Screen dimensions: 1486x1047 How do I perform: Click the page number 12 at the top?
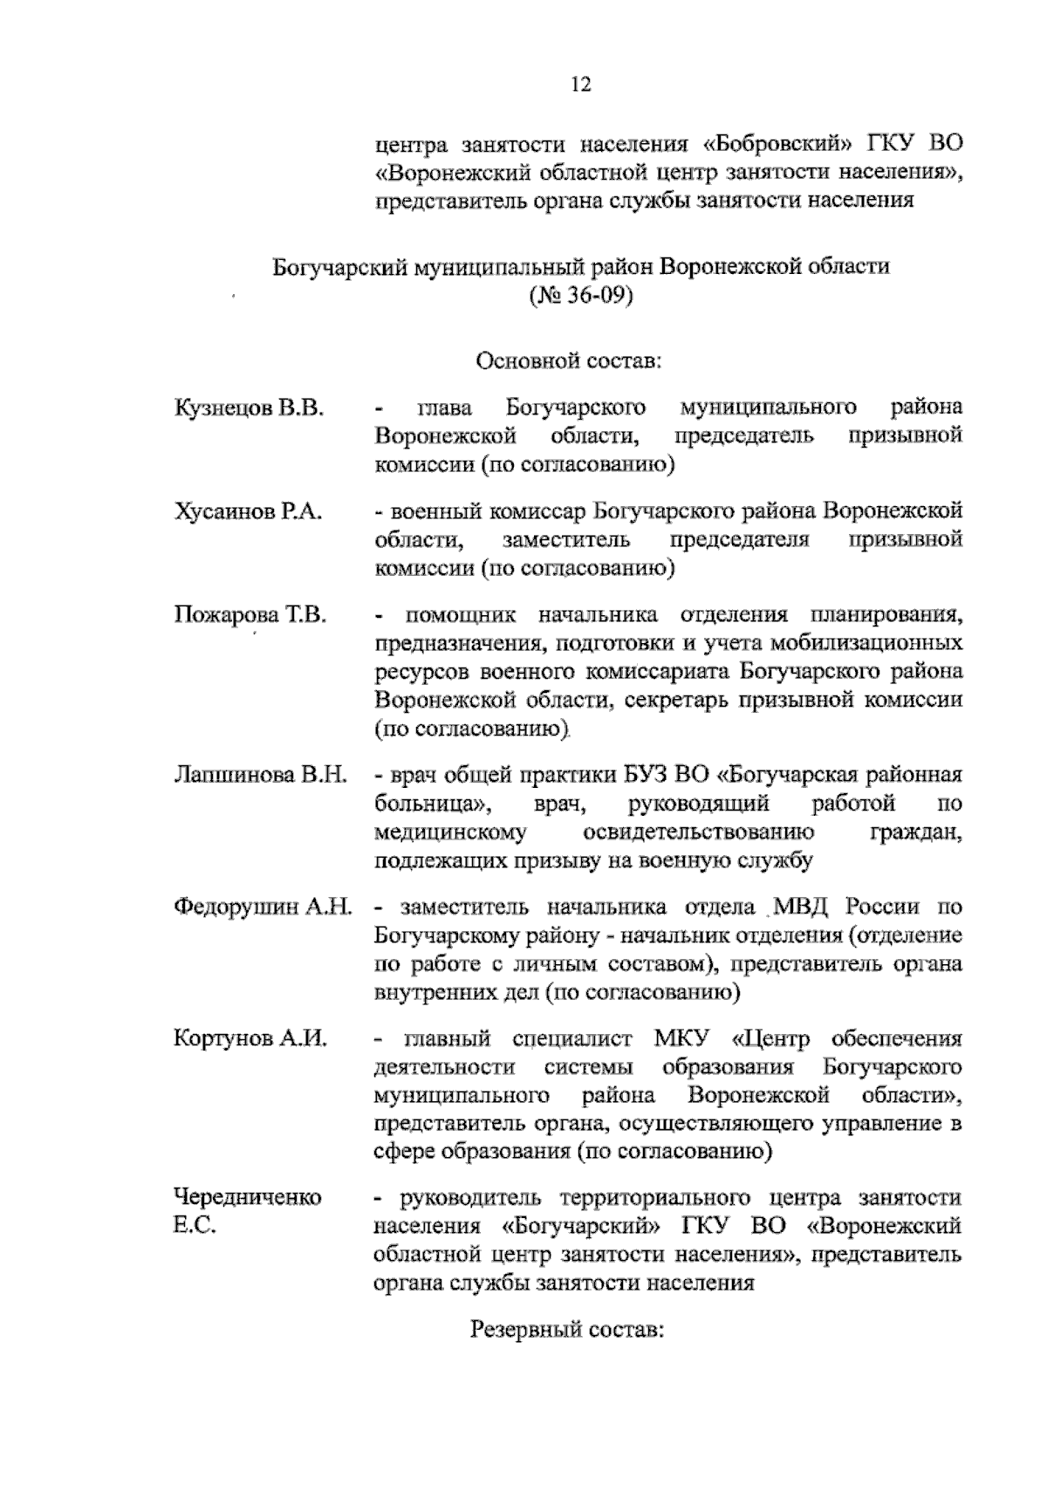point(580,85)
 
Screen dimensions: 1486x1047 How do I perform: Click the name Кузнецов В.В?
point(249,407)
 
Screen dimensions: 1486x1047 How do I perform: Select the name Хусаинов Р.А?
point(249,511)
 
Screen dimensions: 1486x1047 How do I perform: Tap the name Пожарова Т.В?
point(250,615)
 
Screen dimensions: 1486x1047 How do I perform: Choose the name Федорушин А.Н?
point(263,907)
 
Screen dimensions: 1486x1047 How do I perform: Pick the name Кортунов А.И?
point(250,1039)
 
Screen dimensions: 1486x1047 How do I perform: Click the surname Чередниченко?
point(248,1197)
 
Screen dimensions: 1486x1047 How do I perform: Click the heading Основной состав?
point(569,360)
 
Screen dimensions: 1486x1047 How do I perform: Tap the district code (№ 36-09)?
point(579,295)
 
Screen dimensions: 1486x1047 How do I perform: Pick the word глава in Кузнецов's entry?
point(444,407)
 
